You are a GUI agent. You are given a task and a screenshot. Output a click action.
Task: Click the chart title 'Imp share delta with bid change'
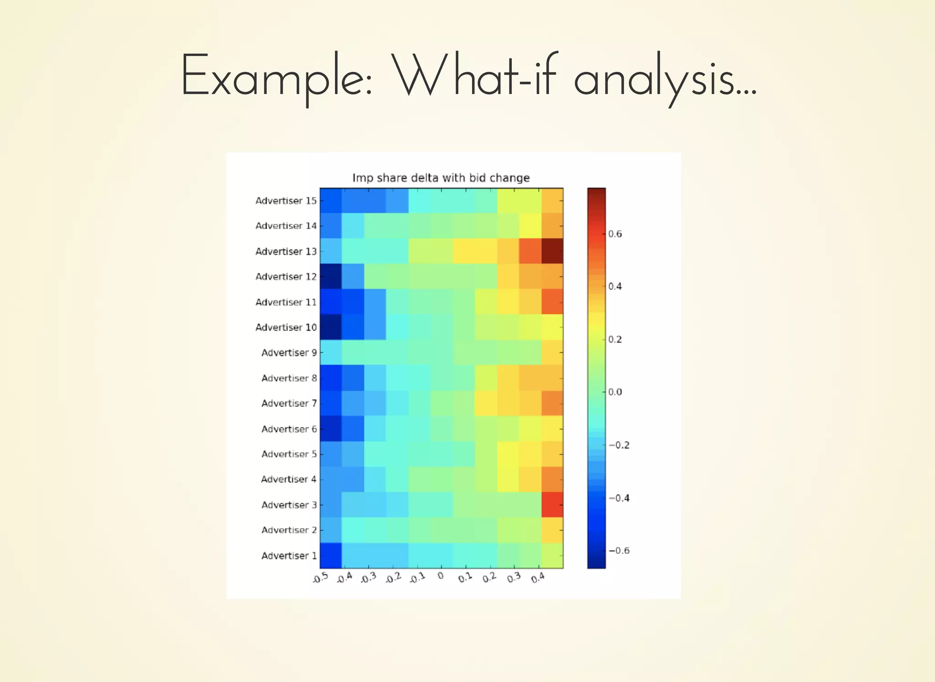tap(441, 178)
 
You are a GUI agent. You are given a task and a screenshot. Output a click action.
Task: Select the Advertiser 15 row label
tap(286, 201)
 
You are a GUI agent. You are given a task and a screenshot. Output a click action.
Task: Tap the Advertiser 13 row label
tap(286, 252)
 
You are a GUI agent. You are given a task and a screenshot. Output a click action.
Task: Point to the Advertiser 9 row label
tap(289, 352)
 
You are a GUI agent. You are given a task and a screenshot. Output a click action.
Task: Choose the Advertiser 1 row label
tap(289, 556)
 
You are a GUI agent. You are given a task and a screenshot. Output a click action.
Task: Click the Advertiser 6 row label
tap(289, 429)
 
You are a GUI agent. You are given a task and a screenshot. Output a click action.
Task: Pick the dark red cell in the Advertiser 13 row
tap(552, 251)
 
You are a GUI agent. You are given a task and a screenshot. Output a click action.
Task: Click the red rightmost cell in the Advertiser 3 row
tap(552, 504)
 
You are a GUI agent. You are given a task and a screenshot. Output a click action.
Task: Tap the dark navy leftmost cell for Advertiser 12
tap(331, 276)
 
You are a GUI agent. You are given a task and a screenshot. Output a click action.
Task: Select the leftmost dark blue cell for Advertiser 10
tap(331, 327)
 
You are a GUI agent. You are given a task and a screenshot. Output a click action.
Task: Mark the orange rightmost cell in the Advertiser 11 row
tap(552, 302)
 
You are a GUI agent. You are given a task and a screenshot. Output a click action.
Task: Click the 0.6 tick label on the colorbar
tap(615, 234)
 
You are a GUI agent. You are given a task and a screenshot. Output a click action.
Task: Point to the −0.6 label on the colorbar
tap(619, 551)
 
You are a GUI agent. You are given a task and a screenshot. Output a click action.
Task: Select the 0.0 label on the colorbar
tap(615, 392)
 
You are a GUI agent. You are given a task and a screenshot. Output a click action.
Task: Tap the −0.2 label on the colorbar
tap(619, 445)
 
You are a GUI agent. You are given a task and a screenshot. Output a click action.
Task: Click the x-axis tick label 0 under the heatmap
tap(441, 576)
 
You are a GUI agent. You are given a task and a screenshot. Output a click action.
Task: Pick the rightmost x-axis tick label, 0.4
tap(538, 578)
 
